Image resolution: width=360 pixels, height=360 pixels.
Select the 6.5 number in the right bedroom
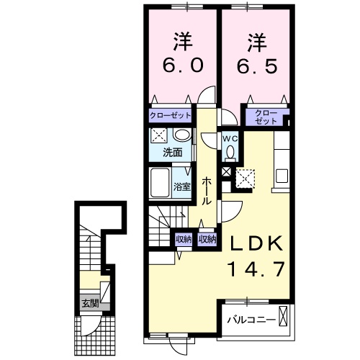click(256, 64)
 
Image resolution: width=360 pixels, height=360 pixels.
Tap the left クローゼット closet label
click(171, 115)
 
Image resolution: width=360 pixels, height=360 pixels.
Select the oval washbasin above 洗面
click(182, 136)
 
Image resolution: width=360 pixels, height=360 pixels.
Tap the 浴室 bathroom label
click(182, 187)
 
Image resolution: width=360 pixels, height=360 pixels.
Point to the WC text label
click(229, 138)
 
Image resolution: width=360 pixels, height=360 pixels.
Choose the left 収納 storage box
click(184, 239)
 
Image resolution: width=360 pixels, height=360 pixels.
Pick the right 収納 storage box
click(207, 239)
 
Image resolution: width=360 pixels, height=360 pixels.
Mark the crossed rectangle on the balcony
click(283, 317)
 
